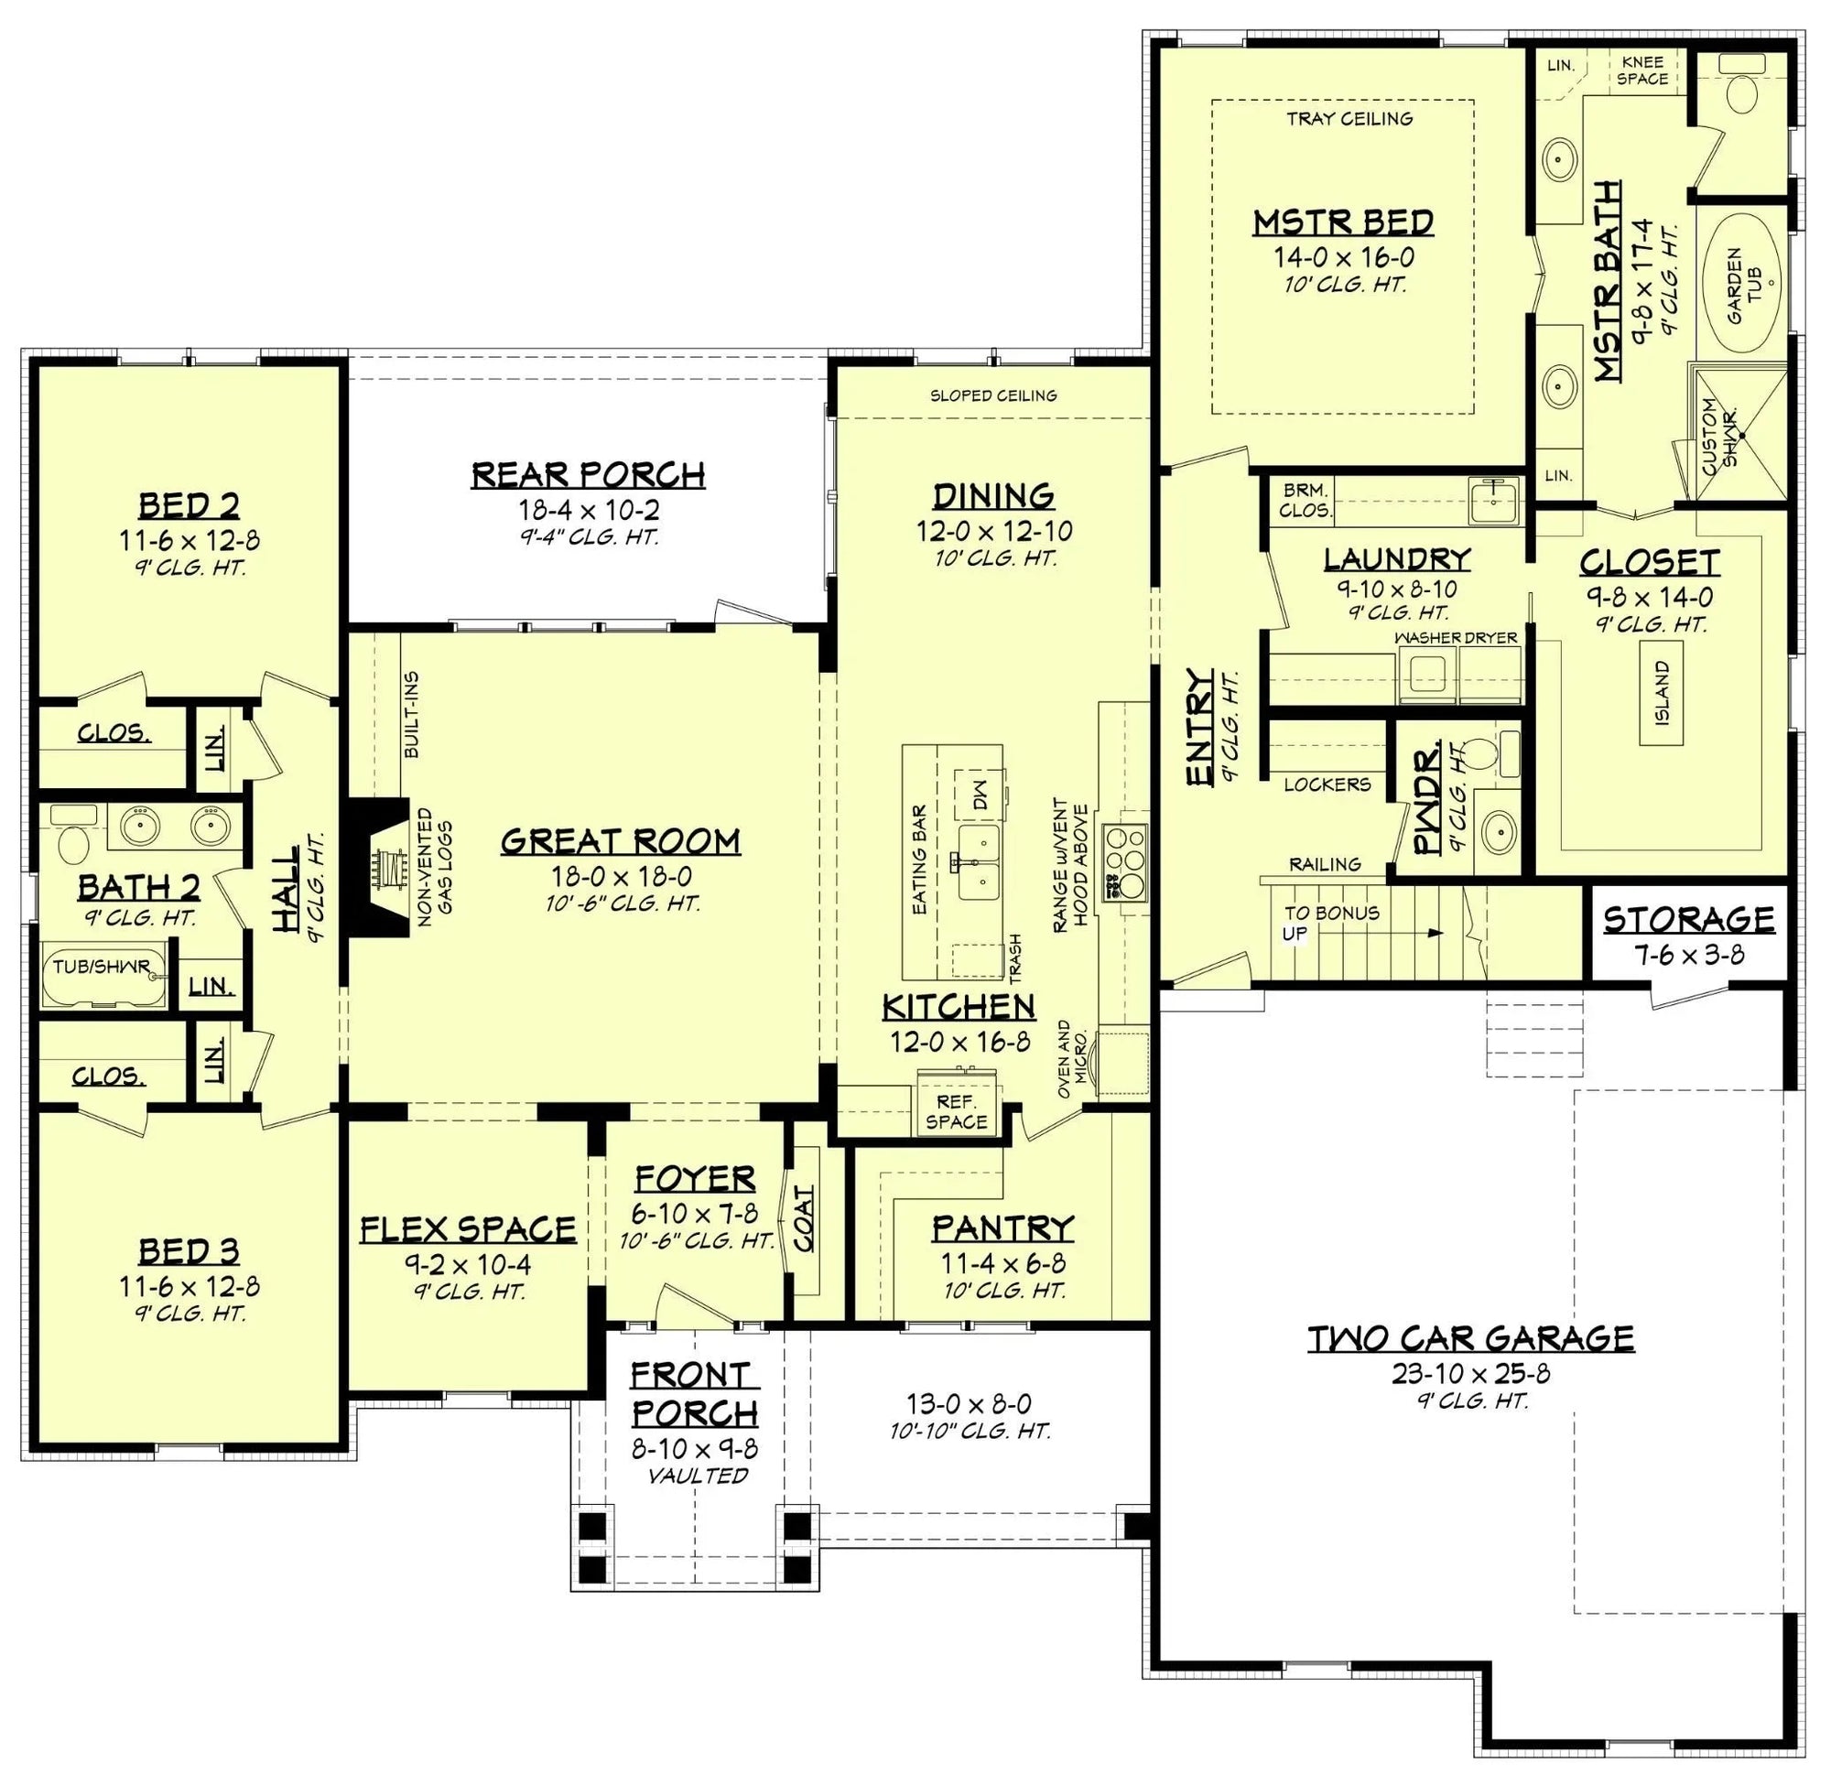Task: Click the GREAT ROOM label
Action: click(x=621, y=842)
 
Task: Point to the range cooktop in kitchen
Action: click(x=1124, y=860)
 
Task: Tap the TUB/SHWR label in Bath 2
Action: click(x=101, y=966)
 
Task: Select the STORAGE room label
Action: click(x=1688, y=919)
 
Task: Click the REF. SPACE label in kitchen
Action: click(x=956, y=1111)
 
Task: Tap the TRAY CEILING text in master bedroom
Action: click(x=1349, y=119)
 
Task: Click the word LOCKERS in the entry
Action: click(x=1327, y=784)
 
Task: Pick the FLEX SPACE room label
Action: click(x=468, y=1228)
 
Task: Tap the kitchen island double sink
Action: click(x=976, y=860)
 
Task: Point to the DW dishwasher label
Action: click(x=979, y=793)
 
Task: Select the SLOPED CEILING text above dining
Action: click(x=992, y=395)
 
